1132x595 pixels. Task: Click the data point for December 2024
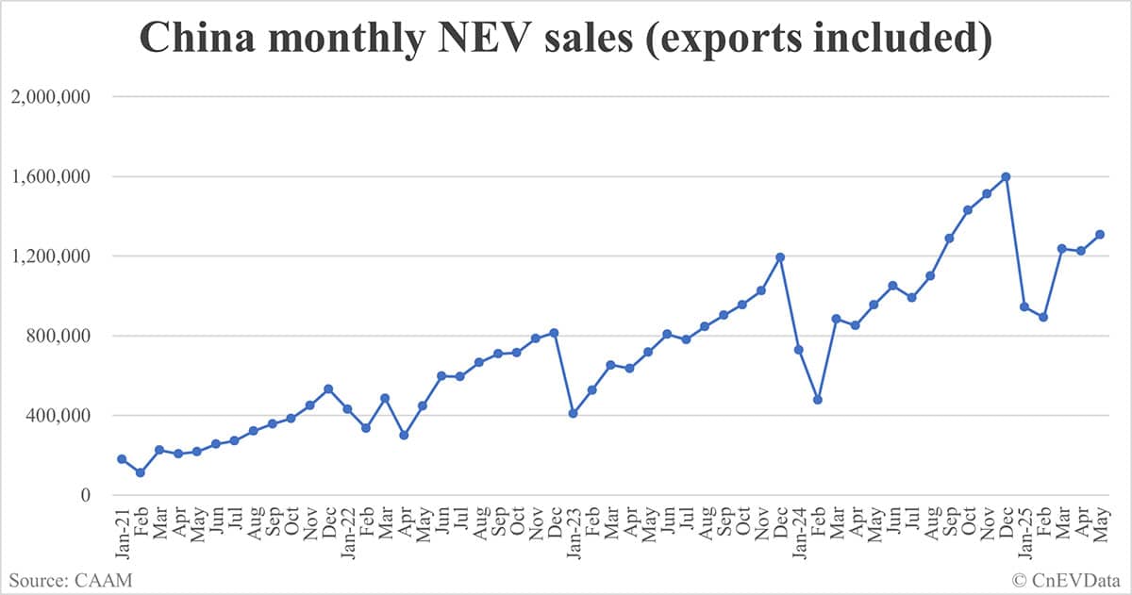pos(1006,176)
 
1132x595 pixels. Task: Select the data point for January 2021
pos(122,459)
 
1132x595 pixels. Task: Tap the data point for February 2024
pos(818,400)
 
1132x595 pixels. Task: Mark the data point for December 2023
pos(780,256)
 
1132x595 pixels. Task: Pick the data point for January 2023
pos(573,413)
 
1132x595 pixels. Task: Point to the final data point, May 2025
pos(1100,235)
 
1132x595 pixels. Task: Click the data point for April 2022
pos(404,435)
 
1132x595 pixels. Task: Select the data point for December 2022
pos(554,333)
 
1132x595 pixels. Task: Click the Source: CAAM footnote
pos(70,579)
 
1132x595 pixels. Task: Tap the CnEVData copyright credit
pos(1065,579)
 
